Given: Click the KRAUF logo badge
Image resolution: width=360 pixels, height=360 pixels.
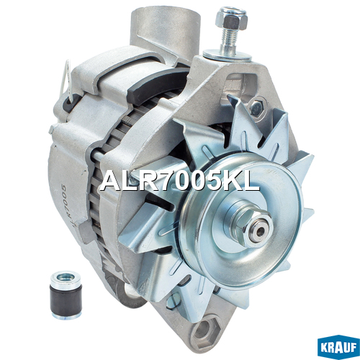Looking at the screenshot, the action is click(x=338, y=348).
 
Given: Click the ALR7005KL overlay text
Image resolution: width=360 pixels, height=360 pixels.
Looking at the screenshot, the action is click(x=179, y=181).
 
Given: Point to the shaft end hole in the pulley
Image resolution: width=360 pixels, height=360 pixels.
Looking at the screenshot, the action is click(x=261, y=231).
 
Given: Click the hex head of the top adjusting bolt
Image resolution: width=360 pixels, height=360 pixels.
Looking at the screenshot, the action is click(x=231, y=19).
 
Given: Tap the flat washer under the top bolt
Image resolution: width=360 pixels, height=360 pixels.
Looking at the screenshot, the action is click(x=228, y=55).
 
